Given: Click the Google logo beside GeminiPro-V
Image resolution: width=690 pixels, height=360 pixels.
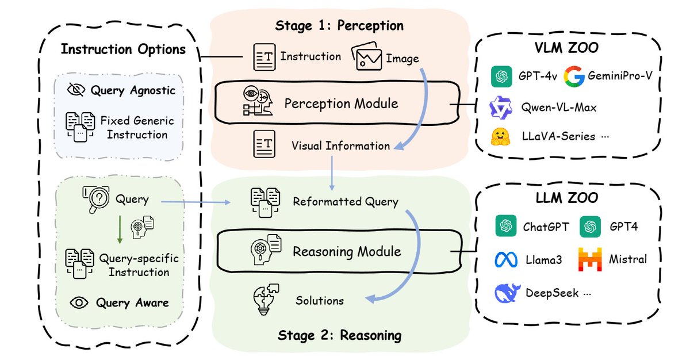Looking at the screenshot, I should coord(574,76).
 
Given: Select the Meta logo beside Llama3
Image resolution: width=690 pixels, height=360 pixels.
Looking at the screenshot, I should coord(506,259).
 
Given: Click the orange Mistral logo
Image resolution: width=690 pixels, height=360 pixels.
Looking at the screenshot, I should coord(589,259).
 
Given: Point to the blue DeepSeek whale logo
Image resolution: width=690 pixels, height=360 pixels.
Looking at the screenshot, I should coord(508,292).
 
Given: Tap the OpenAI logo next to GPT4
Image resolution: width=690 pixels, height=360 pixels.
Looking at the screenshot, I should coord(589,227).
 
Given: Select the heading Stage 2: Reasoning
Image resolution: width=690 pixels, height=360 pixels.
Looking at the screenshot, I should coord(340,335).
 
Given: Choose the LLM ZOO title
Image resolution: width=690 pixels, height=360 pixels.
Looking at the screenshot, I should coord(566,198).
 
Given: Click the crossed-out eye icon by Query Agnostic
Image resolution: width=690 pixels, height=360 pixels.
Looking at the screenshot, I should coord(75,90).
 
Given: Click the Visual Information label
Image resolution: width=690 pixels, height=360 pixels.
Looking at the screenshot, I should coord(340,145).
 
